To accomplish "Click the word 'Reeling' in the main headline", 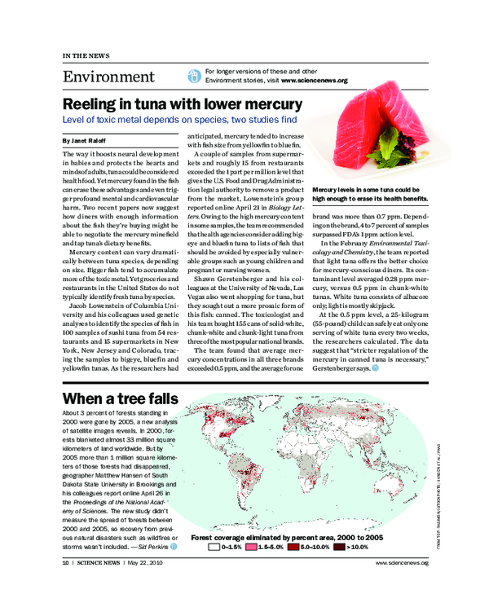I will pos(95,105).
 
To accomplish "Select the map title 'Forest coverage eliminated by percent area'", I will pos(286,539).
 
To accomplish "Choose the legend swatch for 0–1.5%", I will pos(214,548).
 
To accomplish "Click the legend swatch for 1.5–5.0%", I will pos(253,548).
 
